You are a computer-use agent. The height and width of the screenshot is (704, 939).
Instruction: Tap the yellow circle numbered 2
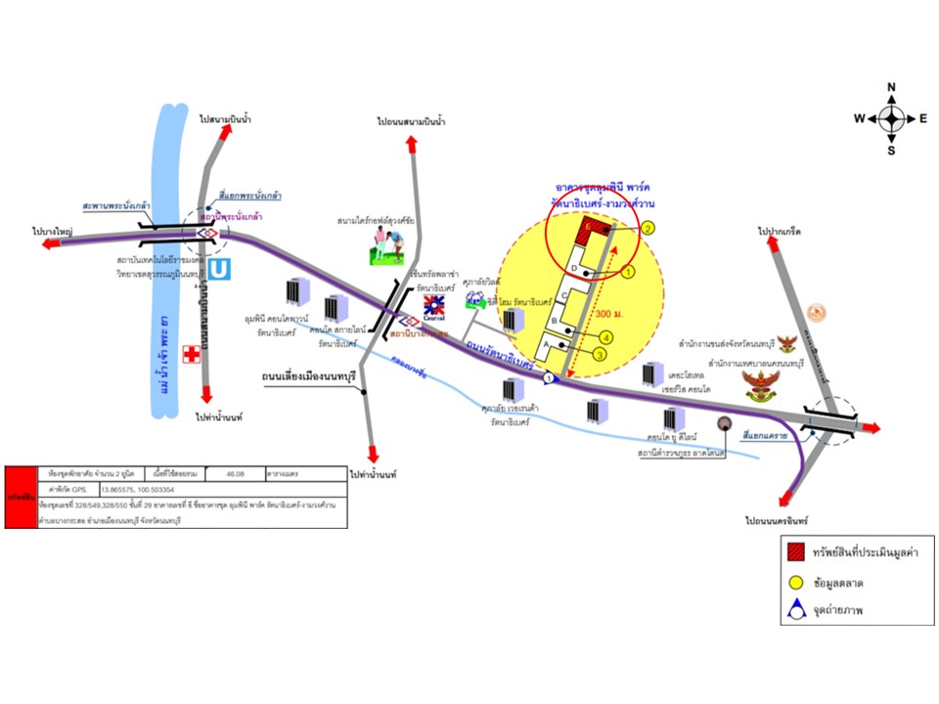pos(648,228)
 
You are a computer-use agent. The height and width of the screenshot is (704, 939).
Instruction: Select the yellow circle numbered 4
pos(607,337)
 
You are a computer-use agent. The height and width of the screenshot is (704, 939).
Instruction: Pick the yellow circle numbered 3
pos(599,355)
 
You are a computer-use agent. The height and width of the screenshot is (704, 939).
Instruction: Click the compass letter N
pos(891,88)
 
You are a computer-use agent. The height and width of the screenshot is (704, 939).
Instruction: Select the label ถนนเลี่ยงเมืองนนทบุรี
pos(306,374)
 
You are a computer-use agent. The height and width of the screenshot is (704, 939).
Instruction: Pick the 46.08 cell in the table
pos(241,473)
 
